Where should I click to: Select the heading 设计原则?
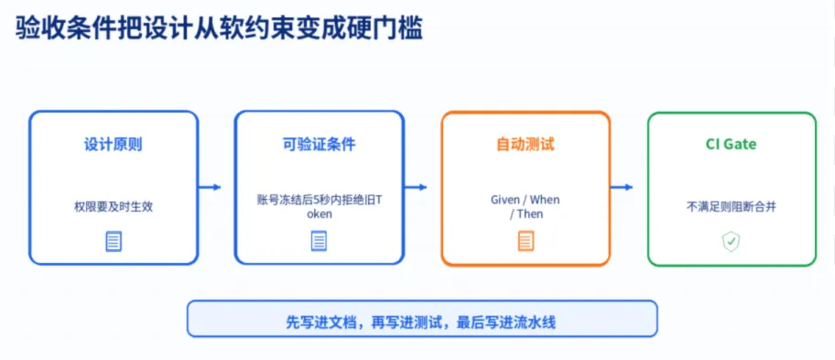coord(114,145)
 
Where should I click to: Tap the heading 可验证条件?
coord(319,145)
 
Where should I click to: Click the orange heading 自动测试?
coord(526,145)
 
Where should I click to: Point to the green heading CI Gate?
coord(732,145)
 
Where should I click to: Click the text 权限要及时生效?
coord(114,207)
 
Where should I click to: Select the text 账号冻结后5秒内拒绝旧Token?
coord(319,207)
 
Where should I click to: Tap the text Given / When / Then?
coord(526,207)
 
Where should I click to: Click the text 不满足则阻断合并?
coord(732,207)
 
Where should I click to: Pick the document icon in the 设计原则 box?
coord(114,242)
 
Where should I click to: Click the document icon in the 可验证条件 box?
coord(319,242)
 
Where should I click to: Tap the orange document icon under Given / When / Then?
coord(526,242)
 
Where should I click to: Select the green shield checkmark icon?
coord(732,242)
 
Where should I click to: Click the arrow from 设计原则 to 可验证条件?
coord(210,187)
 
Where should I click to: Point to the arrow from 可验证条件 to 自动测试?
coord(416,187)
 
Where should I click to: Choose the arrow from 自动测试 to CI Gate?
coord(622,187)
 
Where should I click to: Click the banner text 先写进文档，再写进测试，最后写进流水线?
coord(421,322)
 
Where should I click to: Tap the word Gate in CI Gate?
coord(741,145)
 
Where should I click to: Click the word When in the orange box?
coord(545,201)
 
